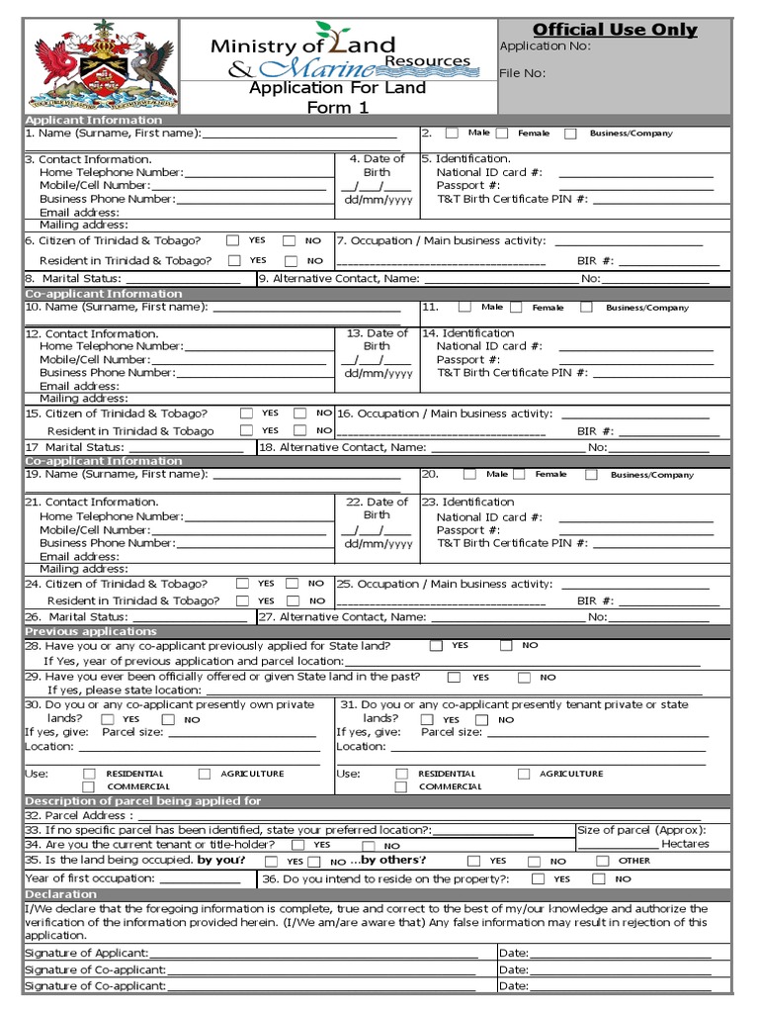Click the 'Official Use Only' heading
pos(615,30)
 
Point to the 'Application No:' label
pos(546,46)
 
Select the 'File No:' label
pos(523,73)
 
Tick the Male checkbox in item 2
pos(452,133)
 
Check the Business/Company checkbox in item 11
pos(587,308)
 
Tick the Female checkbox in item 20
pos(519,475)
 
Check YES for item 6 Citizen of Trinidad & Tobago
pos(232,240)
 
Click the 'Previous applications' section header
pos(91,631)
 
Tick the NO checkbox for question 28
pos(506,645)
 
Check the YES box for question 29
pos(454,678)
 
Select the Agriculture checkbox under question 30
pos(205,774)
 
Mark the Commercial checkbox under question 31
pos(401,786)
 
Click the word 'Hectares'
pos(685,844)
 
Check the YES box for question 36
pos(538,878)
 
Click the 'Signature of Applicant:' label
pos(87,953)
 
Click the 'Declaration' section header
pos(60,893)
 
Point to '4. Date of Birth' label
pos(377,165)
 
